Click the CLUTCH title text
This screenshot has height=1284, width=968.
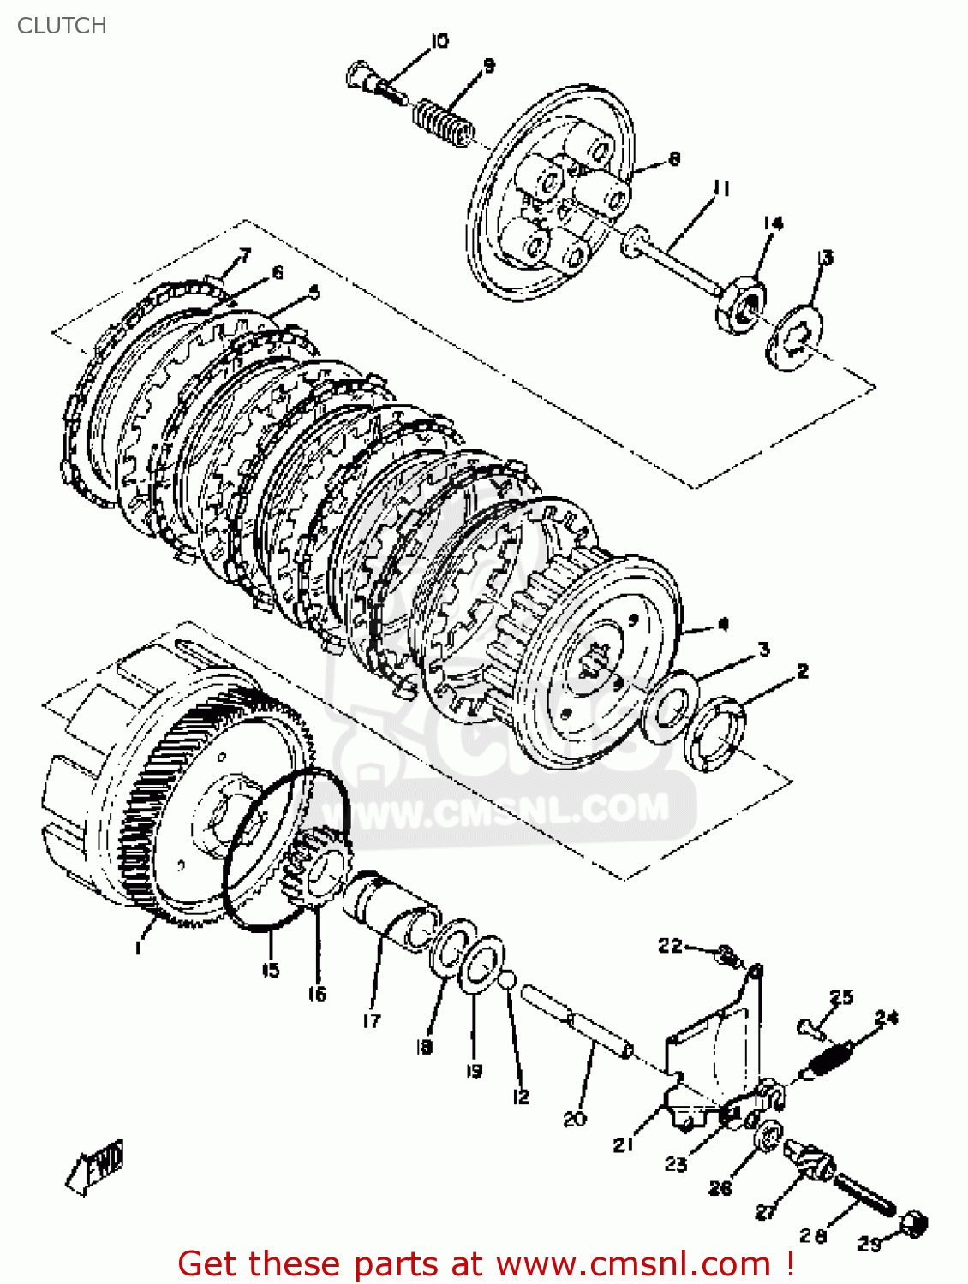point(62,26)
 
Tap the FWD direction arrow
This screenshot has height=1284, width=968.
point(97,1166)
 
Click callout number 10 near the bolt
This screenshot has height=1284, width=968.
point(439,40)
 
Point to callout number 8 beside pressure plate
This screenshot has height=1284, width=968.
point(674,158)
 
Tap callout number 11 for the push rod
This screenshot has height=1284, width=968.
point(721,188)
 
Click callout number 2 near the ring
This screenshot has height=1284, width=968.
point(803,672)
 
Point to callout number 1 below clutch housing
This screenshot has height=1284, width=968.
point(138,948)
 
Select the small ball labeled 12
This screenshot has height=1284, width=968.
point(507,978)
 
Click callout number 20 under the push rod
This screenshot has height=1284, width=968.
point(574,1118)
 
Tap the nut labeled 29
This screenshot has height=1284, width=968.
point(914,1223)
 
